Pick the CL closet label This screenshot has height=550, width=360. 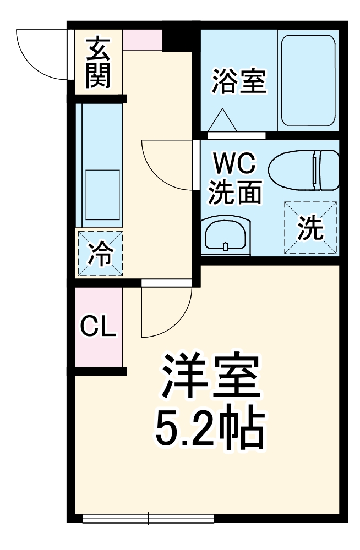point(98,327)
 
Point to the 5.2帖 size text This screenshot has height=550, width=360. point(210,429)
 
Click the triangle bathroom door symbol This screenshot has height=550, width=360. point(222,120)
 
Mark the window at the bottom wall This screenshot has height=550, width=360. point(148,518)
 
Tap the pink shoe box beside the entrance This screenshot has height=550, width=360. point(142,40)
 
